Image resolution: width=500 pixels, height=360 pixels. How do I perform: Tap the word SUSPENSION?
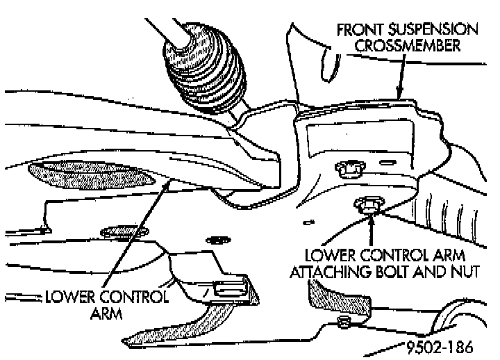434,31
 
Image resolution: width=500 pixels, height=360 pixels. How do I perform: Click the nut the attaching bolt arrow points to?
367,204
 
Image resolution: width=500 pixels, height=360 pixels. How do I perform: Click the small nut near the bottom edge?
342,321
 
